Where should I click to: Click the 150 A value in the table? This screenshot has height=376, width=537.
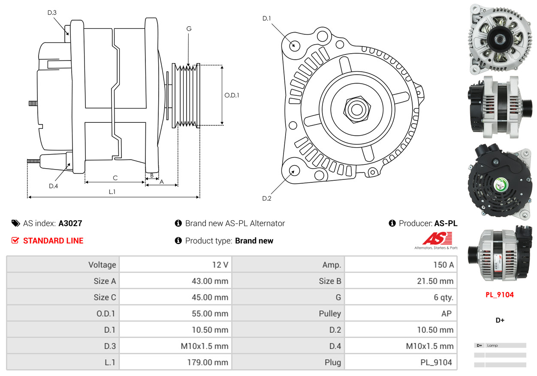[x=440, y=265]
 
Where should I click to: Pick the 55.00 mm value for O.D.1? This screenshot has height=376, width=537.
[x=210, y=314]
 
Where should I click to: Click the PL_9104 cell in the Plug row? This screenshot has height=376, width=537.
[x=436, y=362]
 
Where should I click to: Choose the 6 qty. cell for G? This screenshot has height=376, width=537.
[x=443, y=297]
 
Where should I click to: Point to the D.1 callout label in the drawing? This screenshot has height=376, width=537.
[x=267, y=18]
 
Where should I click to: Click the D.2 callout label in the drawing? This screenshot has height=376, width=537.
[x=267, y=198]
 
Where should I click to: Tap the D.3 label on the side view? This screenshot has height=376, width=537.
[x=52, y=13]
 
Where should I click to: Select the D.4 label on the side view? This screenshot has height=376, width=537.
[x=53, y=186]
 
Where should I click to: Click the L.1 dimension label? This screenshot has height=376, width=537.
[x=112, y=192]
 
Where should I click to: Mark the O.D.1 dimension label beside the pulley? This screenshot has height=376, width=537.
[x=232, y=95]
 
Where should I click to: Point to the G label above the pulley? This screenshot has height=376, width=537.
[x=189, y=29]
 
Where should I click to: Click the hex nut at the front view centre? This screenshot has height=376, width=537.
[x=356, y=109]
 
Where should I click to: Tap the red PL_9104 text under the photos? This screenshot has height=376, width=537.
[x=500, y=295]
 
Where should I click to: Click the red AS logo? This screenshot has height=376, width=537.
[x=437, y=239]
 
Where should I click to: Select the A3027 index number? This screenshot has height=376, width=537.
[x=70, y=223]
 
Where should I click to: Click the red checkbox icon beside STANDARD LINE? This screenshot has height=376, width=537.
[x=15, y=241]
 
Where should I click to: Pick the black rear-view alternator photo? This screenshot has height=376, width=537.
[x=500, y=180]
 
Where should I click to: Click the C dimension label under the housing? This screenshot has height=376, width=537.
[x=115, y=178]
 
